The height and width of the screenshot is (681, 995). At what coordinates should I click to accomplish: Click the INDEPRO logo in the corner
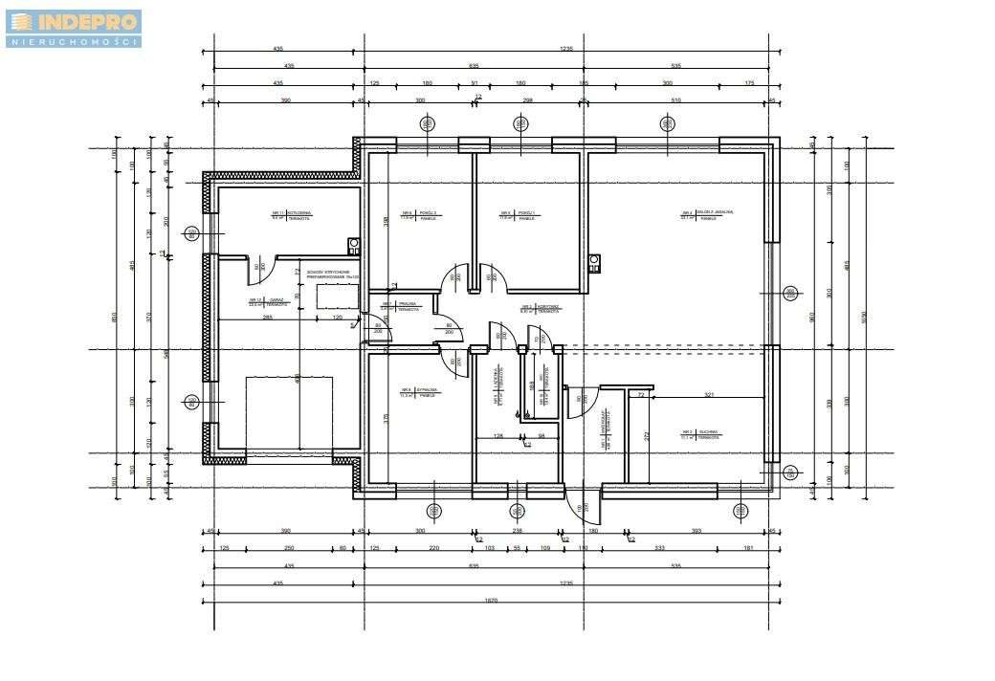[74, 28]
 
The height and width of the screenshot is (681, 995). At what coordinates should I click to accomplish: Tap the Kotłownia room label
[285, 215]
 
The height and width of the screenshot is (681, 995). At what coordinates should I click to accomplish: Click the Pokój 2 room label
[422, 215]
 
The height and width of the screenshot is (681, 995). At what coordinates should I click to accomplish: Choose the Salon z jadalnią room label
[704, 215]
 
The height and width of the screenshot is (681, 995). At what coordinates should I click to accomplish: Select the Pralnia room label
[403, 307]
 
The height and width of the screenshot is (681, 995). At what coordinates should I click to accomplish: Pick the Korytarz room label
[540, 308]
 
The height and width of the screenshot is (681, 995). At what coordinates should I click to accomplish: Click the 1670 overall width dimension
[491, 602]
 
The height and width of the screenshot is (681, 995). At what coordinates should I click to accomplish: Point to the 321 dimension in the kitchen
[709, 394]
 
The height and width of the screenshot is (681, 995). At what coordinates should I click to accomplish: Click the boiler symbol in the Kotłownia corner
[354, 243]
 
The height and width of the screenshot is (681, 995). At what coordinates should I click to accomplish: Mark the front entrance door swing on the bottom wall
[577, 507]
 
